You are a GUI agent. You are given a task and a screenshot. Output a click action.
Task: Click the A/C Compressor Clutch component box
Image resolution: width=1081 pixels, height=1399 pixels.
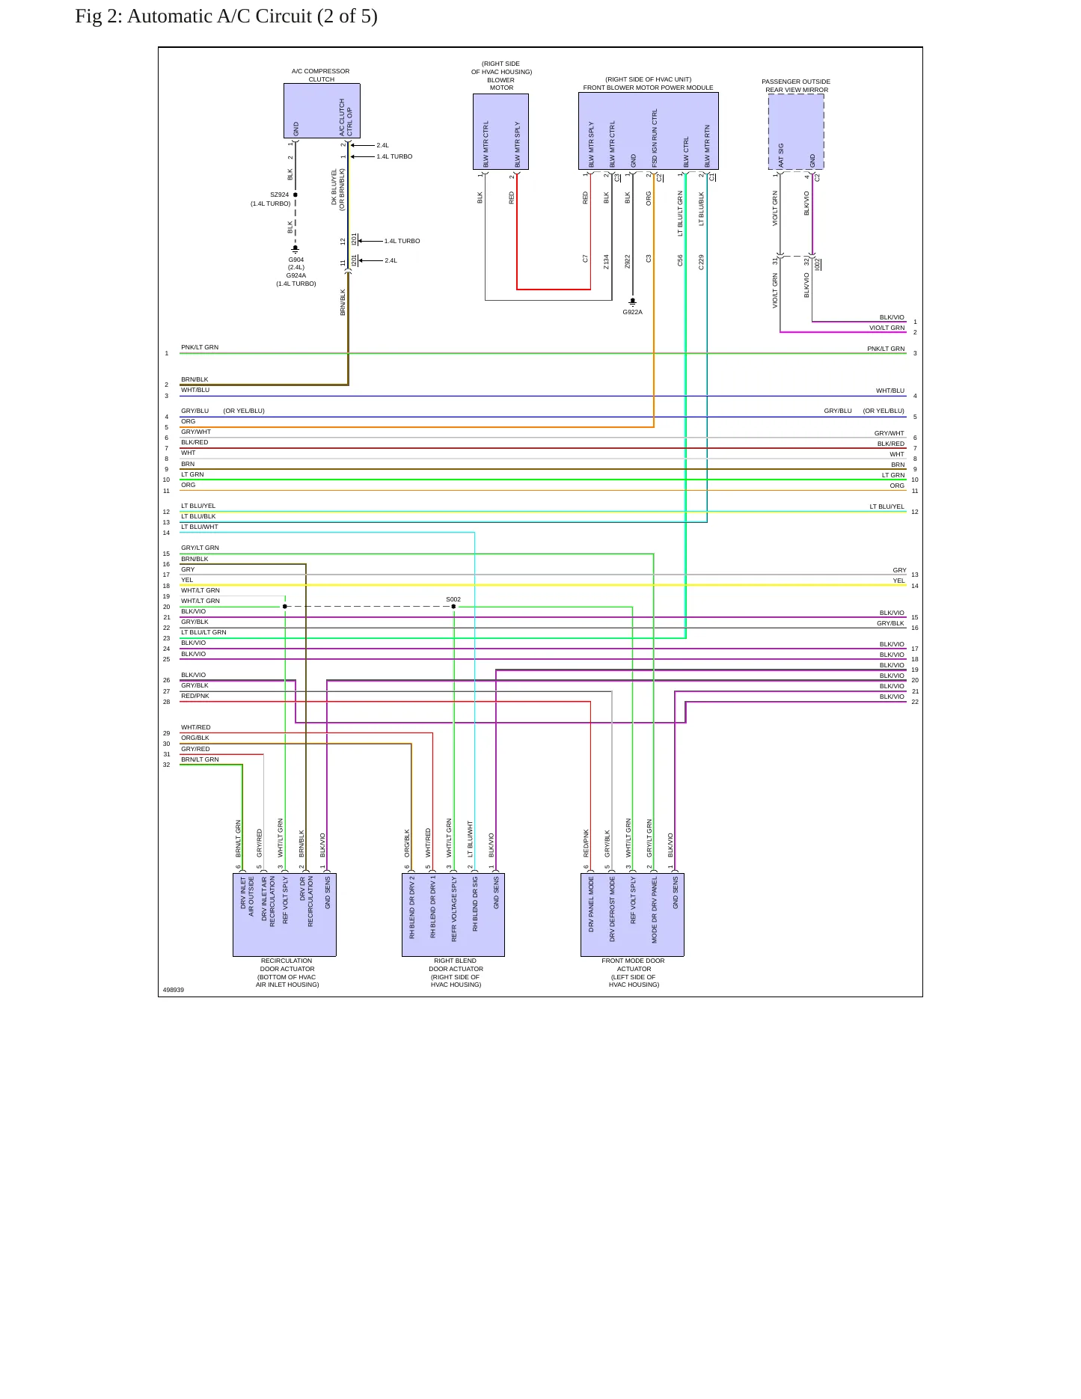coord(322,111)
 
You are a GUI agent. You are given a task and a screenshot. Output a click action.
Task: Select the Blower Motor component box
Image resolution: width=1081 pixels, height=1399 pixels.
coord(500,132)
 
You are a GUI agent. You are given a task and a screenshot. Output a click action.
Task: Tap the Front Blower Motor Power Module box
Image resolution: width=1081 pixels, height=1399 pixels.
coord(649,131)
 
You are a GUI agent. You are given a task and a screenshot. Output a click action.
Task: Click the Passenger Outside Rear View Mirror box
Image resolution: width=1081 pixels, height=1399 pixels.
coord(796,132)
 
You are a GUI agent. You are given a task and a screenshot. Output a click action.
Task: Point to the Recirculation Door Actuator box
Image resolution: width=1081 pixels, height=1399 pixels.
coord(284,914)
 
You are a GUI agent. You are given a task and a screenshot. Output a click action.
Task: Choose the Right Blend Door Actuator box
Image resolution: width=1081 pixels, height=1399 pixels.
coord(453,914)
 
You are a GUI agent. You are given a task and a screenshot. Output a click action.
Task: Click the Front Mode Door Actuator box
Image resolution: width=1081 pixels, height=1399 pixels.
coord(632,914)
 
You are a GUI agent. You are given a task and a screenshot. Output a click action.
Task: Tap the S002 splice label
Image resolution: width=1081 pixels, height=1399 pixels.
coord(453,599)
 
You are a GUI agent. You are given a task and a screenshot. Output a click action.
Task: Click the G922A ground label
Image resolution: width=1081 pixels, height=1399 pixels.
coord(633,312)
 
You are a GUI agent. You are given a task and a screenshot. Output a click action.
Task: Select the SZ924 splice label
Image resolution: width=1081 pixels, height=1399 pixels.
coord(279,195)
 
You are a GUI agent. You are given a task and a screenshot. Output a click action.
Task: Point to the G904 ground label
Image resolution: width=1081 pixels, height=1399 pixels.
coord(296,260)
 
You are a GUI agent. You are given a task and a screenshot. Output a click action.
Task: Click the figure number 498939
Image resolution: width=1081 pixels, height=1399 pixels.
coord(174,990)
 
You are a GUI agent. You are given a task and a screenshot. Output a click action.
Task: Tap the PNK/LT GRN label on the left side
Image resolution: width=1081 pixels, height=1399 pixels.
coord(200,347)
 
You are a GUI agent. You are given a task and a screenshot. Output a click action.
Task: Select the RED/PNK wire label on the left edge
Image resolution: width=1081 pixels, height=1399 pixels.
coord(195,696)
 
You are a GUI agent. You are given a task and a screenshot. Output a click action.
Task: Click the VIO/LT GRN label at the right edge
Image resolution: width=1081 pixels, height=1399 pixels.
coord(886,328)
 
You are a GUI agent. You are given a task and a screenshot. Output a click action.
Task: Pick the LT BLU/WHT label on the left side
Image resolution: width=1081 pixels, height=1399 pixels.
coord(200,527)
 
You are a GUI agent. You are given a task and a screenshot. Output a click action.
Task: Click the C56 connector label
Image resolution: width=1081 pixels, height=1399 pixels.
coord(680,260)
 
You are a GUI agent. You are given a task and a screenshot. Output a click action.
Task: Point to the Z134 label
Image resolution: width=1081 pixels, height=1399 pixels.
coord(607,261)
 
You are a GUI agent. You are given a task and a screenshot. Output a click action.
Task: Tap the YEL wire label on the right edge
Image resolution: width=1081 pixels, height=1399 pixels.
coord(898,581)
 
